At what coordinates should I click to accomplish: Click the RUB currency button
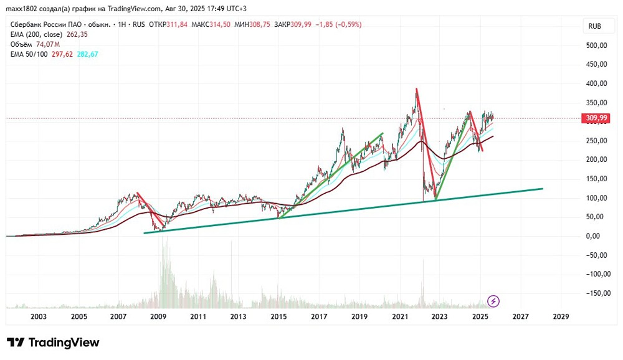594,26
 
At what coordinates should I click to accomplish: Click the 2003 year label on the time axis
39,316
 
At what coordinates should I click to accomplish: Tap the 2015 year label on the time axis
278,316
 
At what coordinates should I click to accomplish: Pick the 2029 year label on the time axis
560,316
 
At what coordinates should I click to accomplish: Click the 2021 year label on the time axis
399,316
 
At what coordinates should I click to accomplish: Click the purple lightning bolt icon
493,301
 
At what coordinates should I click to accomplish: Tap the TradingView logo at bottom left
53,343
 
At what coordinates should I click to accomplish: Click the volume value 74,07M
47,44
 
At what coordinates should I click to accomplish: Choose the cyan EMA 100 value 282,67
87,54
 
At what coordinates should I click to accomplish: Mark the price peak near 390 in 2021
416,89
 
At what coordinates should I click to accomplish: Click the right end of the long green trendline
542,188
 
